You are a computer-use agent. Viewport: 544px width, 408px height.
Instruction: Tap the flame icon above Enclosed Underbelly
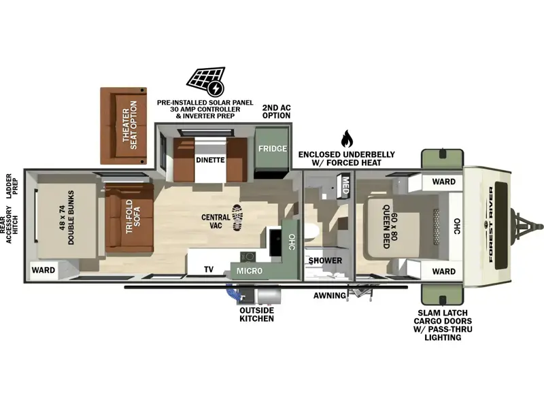347,139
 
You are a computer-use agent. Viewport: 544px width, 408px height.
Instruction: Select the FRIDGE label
273,148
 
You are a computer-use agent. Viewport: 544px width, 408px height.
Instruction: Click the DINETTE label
210,160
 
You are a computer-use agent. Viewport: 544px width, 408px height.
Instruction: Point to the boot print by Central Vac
237,218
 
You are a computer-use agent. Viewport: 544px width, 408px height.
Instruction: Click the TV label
209,269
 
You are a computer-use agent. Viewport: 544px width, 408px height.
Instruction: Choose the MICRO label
250,271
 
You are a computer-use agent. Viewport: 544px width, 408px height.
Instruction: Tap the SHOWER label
325,260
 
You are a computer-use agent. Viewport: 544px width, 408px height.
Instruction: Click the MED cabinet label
345,185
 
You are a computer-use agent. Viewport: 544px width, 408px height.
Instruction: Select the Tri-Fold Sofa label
133,216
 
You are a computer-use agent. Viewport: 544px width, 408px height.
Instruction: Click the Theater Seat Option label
130,125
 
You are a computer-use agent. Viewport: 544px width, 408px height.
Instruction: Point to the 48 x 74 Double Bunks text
66,218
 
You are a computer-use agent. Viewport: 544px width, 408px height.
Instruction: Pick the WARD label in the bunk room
44,270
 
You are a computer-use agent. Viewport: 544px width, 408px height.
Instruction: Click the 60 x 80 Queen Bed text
390,226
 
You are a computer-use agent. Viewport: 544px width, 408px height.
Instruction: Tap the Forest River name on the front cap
490,224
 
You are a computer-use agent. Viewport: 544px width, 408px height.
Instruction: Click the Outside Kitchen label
257,314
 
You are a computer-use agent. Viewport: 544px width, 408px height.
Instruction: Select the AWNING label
330,296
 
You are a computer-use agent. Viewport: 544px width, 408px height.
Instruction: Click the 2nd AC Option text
276,112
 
